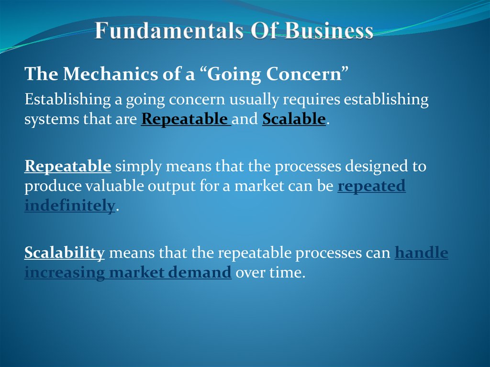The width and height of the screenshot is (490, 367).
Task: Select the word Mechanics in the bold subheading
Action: pos(96,74)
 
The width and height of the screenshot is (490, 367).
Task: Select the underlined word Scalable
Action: pos(294,119)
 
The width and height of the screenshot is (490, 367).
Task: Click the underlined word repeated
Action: pos(371,186)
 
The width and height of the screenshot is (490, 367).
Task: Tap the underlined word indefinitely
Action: pos(70,206)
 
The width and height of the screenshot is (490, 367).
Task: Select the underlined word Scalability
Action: pos(65,253)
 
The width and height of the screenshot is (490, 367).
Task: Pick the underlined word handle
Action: pos(421,253)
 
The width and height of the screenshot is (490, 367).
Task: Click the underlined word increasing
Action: pos(65,273)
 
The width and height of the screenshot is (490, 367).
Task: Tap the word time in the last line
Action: pos(289,273)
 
